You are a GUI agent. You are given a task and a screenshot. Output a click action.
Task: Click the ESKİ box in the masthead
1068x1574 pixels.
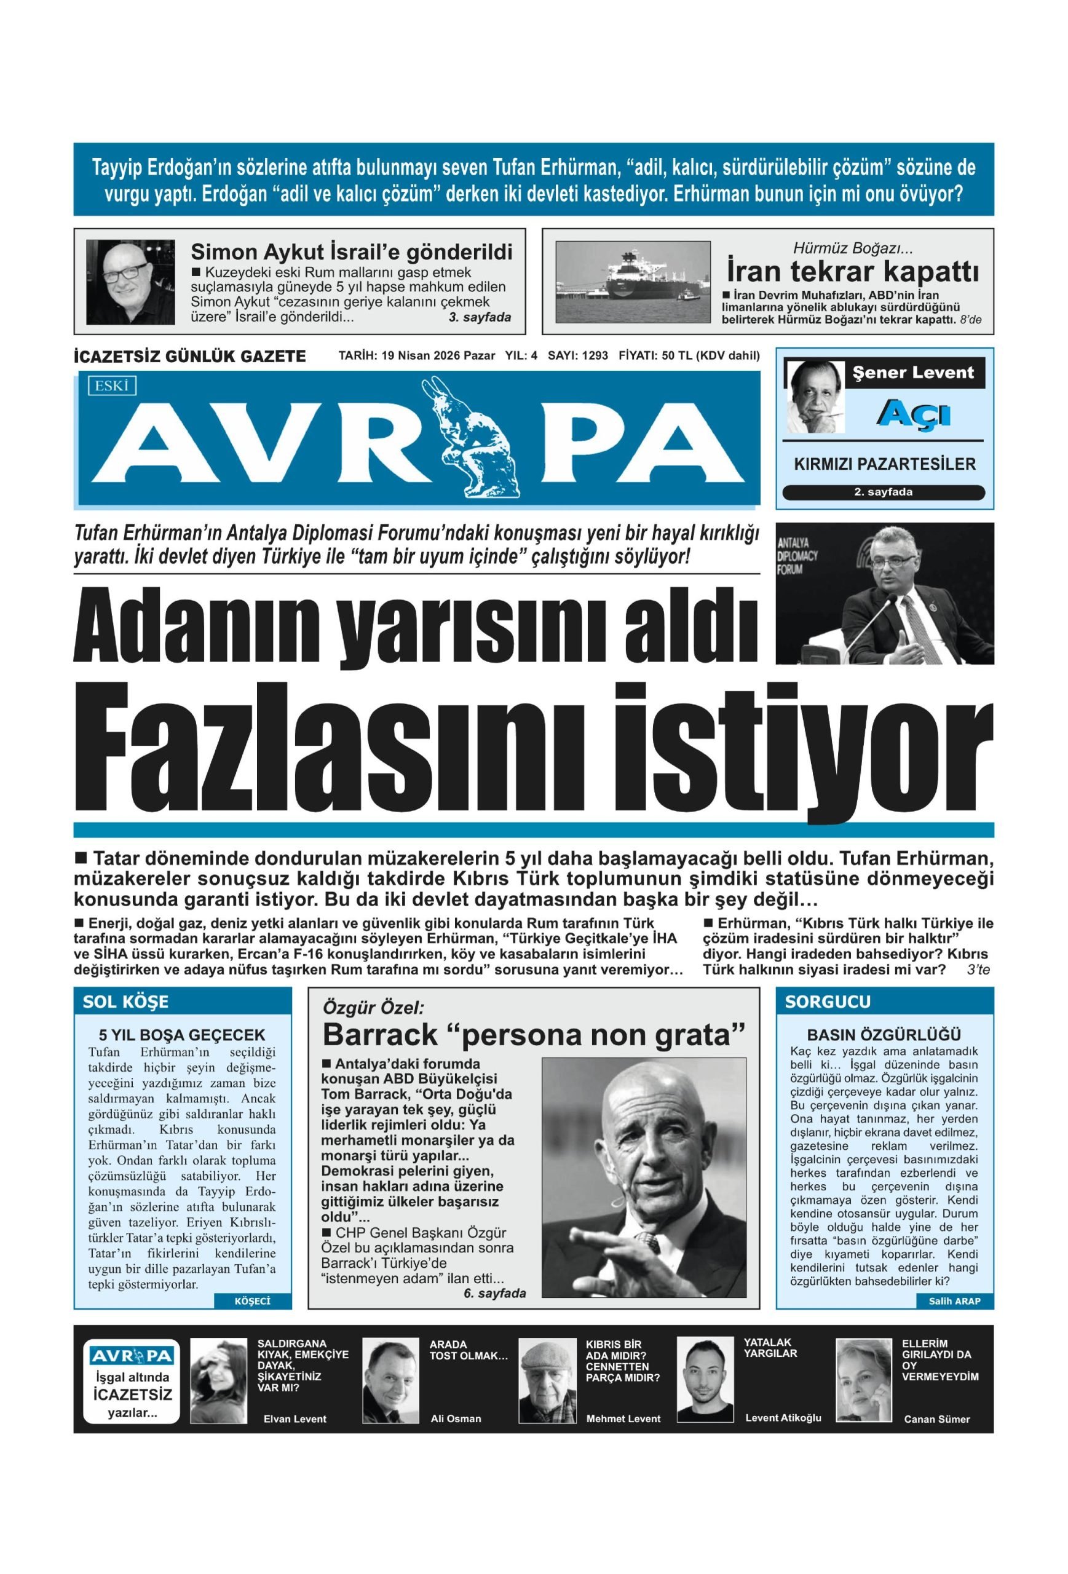(112, 386)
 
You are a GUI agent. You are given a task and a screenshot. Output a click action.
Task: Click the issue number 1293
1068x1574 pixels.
(594, 355)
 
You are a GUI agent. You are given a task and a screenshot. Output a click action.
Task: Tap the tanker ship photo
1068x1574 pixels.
(633, 280)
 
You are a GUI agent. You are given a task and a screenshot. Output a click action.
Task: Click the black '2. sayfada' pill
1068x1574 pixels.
(883, 492)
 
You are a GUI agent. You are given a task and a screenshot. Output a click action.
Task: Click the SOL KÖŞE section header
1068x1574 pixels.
(126, 1002)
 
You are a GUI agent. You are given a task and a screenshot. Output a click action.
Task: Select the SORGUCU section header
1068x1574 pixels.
(828, 1002)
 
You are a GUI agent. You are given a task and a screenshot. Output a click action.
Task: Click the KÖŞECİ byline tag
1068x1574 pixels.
(252, 1301)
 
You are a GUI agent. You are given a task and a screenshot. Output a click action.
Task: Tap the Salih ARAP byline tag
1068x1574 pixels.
(955, 1301)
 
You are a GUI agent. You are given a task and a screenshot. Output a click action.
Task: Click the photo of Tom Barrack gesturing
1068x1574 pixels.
(643, 1179)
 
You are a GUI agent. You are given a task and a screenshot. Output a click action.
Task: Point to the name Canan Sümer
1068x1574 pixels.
(936, 1419)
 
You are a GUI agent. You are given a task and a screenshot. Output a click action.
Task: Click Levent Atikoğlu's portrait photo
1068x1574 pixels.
(705, 1380)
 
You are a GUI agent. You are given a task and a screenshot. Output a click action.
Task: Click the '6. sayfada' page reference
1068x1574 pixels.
(494, 1294)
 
